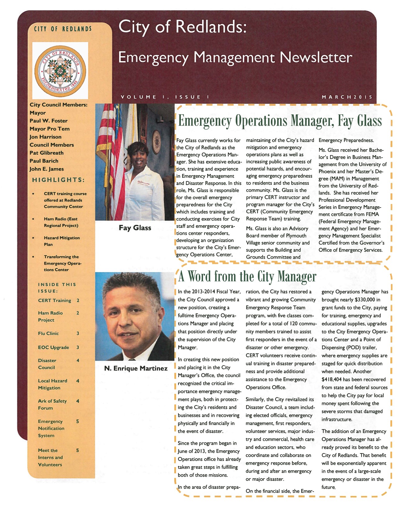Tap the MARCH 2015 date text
(x=347, y=97)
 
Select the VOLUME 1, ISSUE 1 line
(x=165, y=97)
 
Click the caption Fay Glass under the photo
(x=135, y=228)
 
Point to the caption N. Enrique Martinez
(x=136, y=368)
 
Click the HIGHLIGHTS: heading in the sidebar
(x=58, y=180)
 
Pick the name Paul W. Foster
(x=48, y=121)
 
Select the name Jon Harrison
(x=45, y=137)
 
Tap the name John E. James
(x=47, y=169)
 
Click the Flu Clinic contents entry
(x=48, y=333)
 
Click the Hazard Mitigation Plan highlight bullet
(x=61, y=241)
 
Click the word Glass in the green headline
(x=369, y=121)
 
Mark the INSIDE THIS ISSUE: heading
(x=57, y=288)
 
